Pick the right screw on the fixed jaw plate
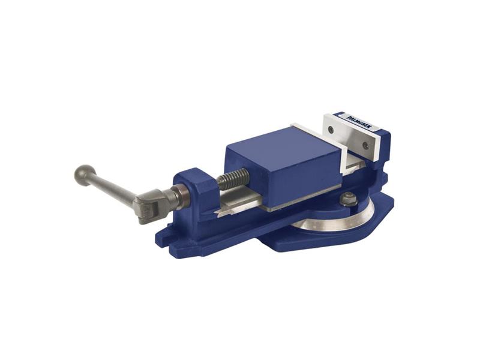(364, 144)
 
